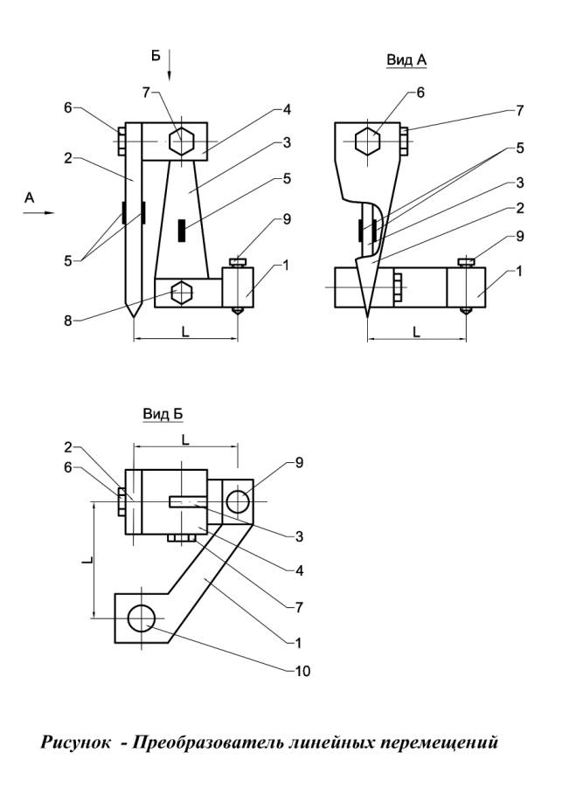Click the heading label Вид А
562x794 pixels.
[406, 60]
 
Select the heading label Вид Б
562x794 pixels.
[163, 413]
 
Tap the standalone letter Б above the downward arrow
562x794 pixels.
[156, 56]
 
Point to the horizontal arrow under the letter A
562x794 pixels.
[38, 212]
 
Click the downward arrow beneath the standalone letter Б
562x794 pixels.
[171, 66]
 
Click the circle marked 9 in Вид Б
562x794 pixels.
[238, 501]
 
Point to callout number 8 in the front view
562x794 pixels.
[68, 321]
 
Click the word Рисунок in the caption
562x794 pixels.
[75, 743]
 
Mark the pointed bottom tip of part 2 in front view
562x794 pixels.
[133, 316]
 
